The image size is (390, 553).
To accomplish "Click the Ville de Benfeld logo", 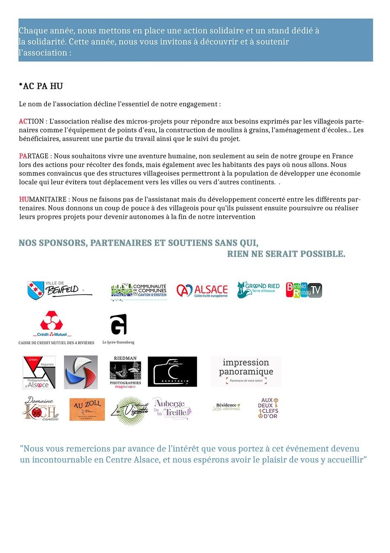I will [x=59, y=290].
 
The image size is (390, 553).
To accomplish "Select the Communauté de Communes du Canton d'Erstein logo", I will [x=138, y=291].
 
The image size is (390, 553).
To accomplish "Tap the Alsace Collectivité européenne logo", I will [x=202, y=290].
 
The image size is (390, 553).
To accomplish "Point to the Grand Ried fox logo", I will [x=258, y=290].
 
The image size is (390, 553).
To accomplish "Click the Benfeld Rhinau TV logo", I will [x=304, y=290].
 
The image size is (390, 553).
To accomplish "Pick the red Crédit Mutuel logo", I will [x=52, y=324].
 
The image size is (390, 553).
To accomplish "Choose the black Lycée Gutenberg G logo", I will [x=118, y=325].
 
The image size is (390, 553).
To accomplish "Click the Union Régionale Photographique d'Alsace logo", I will [x=39, y=372].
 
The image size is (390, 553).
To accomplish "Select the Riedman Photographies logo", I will [x=125, y=372].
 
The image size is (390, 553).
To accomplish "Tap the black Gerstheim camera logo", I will [x=172, y=372].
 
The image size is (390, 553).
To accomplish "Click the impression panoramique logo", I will [x=246, y=372].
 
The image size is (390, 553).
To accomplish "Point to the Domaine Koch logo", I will [x=41, y=409].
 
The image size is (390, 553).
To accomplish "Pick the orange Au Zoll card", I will [x=87, y=409].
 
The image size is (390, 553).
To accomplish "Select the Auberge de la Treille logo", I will [x=172, y=408].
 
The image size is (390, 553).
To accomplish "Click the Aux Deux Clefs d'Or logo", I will [x=268, y=408].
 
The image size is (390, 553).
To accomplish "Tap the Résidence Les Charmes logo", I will [x=226, y=407].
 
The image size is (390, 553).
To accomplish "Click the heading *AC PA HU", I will [x=41, y=86].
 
